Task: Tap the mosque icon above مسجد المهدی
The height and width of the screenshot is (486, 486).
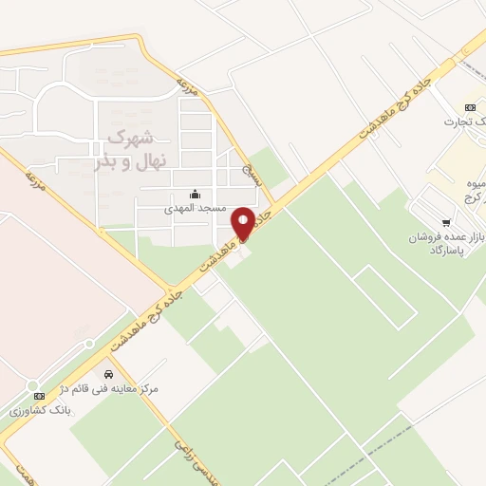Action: click(x=196, y=195)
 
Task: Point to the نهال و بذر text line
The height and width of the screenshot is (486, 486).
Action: click(x=130, y=160)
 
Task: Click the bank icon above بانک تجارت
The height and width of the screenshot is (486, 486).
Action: click(x=469, y=107)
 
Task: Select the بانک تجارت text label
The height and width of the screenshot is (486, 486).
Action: click(x=465, y=121)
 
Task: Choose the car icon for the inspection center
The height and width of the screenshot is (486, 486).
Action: click(x=109, y=374)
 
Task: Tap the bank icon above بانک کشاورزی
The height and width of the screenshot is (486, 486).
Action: click(x=39, y=396)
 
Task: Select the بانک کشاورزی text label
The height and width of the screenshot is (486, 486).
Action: click(x=39, y=411)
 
